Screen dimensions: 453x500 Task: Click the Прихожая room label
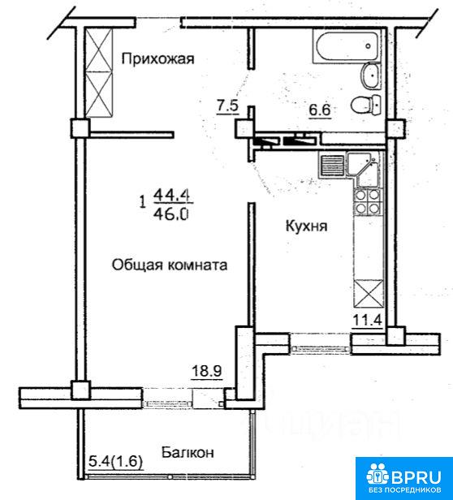157,59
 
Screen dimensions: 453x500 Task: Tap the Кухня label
306,226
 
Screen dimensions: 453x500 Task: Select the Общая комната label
170,265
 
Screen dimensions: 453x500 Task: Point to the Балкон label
188,452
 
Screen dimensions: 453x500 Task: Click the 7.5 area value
228,106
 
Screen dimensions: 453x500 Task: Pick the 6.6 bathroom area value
319,110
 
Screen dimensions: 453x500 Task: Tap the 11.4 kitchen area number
367,320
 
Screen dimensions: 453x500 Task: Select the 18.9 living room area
207,371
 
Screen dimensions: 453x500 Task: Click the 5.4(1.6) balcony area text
115,461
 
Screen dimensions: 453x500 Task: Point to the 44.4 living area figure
172,195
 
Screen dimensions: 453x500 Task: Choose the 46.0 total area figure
171,214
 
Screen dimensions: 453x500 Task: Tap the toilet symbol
366,105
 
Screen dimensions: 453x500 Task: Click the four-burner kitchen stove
367,201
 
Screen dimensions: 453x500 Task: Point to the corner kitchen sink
364,169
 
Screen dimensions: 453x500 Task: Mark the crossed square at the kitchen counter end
369,292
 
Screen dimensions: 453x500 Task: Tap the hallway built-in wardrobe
99,73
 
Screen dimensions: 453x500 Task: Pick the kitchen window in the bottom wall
320,343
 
